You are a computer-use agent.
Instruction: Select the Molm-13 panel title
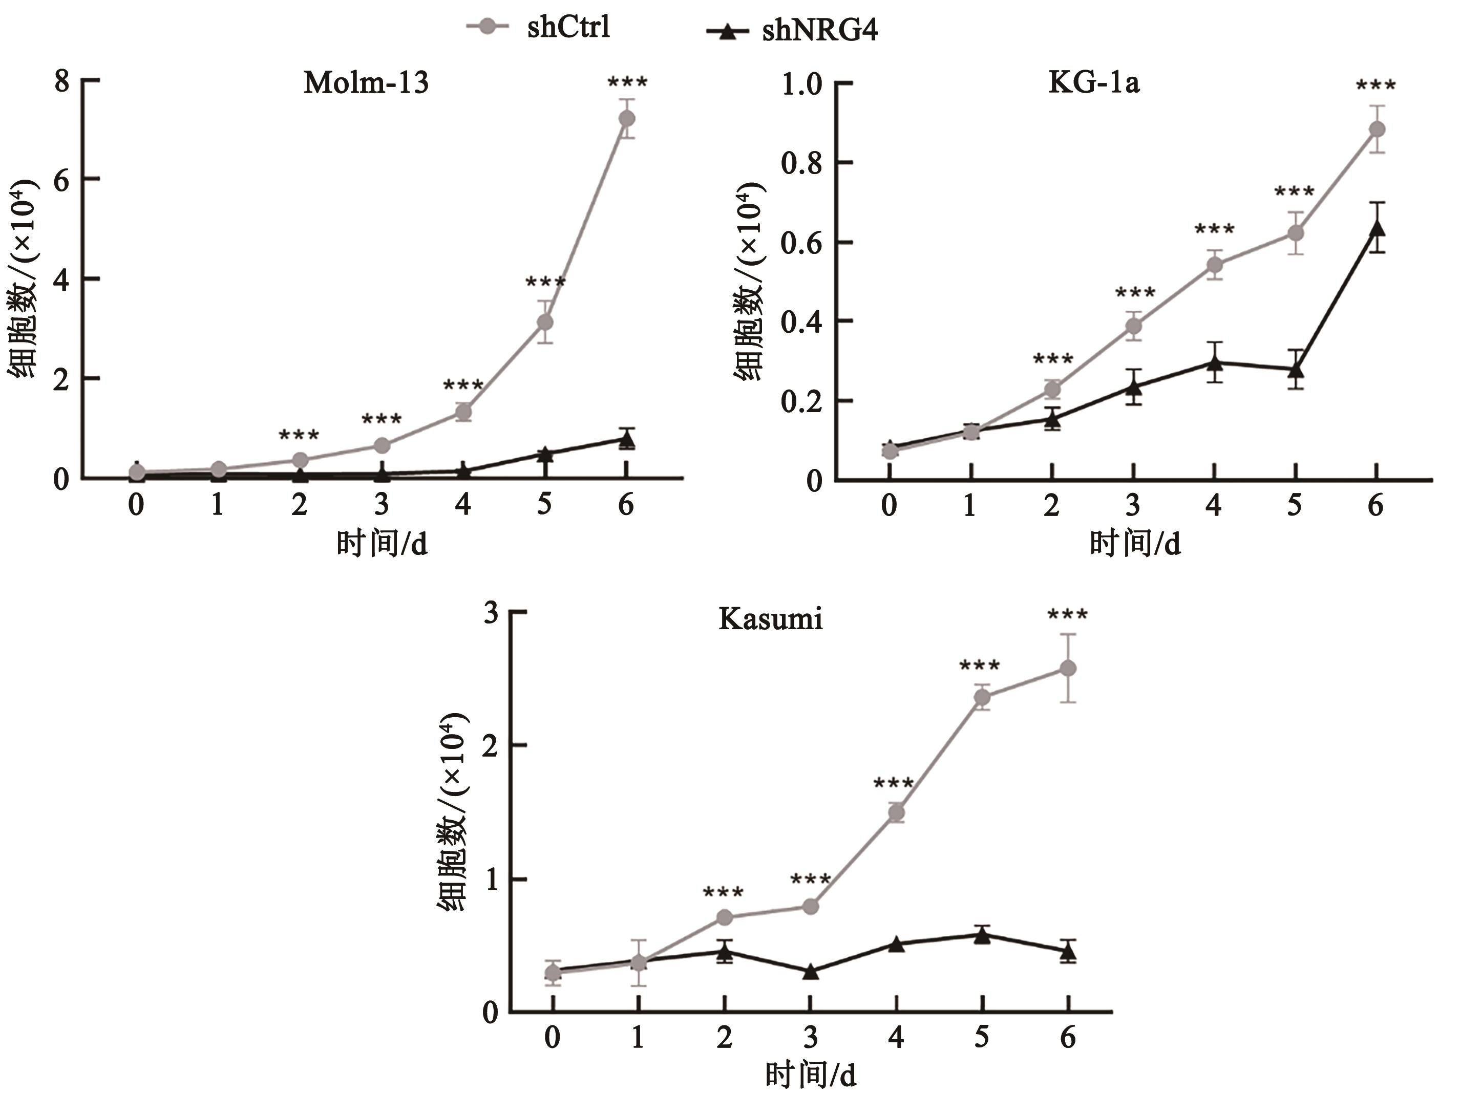366,83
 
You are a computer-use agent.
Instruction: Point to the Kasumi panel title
770,619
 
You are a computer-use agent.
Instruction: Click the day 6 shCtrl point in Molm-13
626,119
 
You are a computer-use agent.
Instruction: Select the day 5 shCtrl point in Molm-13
544,322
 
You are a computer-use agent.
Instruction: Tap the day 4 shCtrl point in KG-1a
1215,265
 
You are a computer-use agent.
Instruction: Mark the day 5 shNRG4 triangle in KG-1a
1296,370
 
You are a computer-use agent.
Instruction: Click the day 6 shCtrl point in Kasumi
1067,669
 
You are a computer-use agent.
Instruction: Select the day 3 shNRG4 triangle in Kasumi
811,971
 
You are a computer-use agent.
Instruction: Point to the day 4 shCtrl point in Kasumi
896,813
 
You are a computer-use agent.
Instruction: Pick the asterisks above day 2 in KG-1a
1053,360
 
